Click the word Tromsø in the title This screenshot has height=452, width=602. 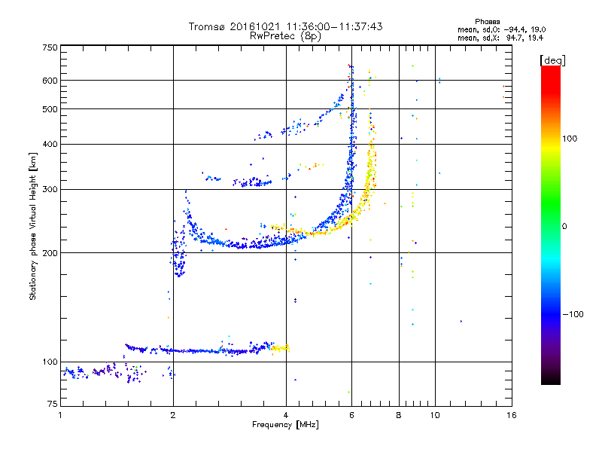tap(207, 26)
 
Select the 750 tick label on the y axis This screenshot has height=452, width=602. tap(50, 47)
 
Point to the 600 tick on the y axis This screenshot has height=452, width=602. tap(50, 81)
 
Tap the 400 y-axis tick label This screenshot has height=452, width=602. tap(50, 144)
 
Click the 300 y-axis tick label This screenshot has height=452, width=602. tap(50, 189)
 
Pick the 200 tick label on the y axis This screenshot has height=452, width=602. tap(50, 253)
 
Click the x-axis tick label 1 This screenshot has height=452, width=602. tap(61, 415)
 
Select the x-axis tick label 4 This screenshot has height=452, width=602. tap(286, 415)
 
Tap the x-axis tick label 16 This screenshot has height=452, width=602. tap(511, 415)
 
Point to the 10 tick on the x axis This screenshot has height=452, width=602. tap(435, 415)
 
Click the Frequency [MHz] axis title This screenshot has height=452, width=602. tap(285, 426)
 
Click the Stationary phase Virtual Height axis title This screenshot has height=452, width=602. tap(33, 227)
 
